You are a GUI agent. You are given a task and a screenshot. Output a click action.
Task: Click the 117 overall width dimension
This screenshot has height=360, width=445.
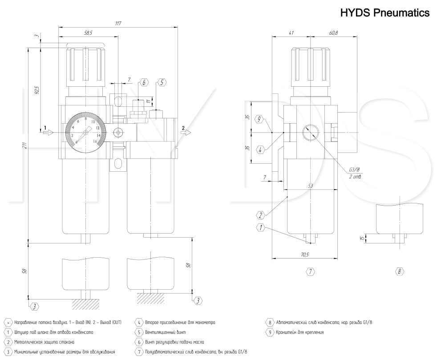click(118, 23)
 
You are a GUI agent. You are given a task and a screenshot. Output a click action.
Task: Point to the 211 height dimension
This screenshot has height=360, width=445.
click(25, 145)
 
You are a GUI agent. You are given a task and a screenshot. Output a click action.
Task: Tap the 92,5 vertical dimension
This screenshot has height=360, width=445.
click(37, 89)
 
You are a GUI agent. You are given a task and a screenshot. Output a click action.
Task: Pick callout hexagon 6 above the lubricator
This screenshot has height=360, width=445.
click(144, 83)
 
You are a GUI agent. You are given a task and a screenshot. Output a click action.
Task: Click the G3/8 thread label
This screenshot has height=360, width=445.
click(354, 170)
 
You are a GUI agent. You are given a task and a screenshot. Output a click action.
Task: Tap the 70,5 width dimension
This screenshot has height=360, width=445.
click(304, 255)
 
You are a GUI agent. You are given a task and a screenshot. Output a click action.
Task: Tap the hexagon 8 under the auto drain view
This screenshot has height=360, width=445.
click(399, 271)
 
